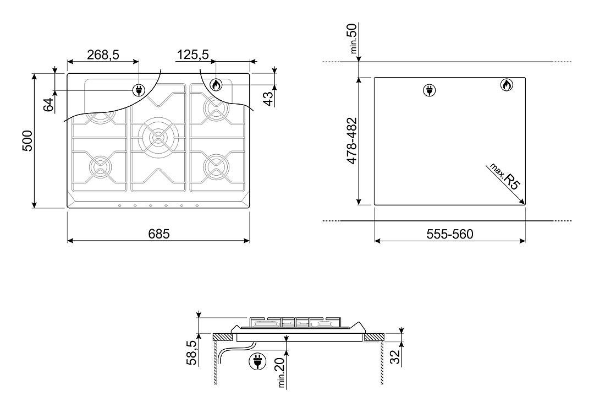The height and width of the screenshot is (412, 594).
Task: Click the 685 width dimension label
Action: click(159, 234)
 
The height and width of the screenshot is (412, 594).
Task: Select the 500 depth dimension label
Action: click(28, 141)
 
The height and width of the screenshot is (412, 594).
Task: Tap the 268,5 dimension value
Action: click(103, 55)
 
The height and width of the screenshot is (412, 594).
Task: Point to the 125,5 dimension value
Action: click(193, 55)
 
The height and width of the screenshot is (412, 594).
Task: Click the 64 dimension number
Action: click(48, 105)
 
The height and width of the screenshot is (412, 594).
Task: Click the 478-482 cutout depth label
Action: click(353, 141)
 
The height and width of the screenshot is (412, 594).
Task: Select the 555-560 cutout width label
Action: click(450, 234)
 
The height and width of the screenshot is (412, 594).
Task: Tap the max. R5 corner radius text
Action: click(505, 176)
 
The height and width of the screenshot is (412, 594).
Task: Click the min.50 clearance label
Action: click(354, 39)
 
